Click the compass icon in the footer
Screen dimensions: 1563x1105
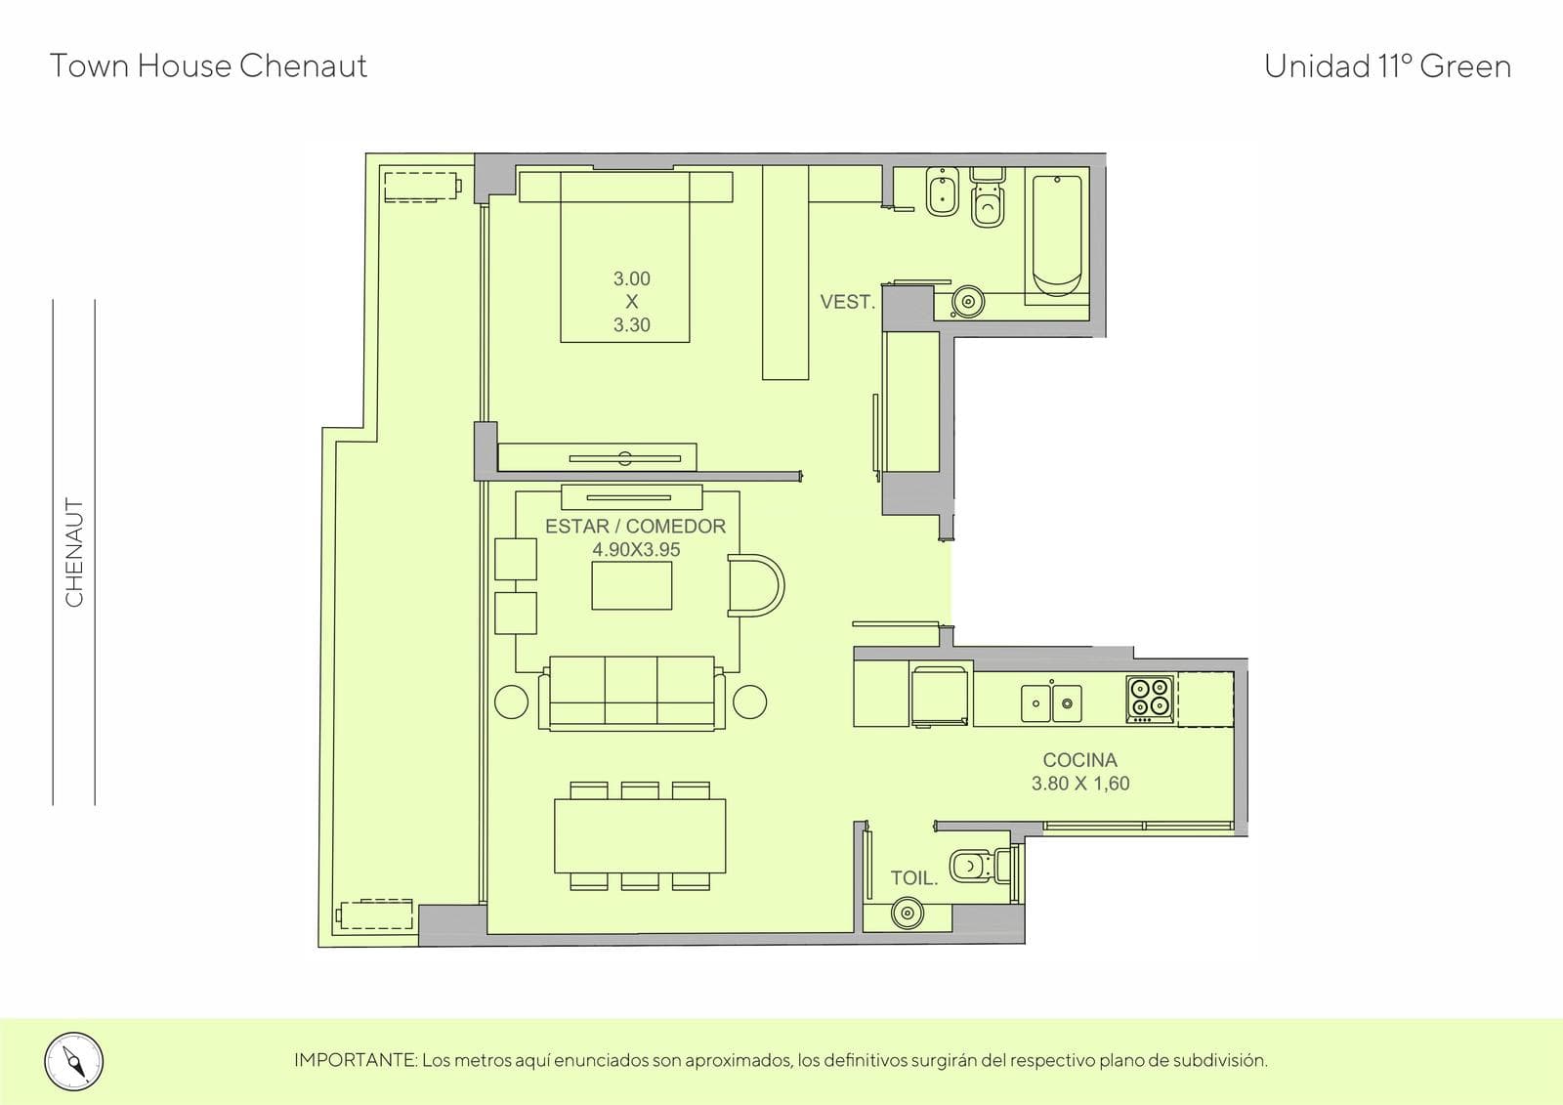click(x=74, y=1062)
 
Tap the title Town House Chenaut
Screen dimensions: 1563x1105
click(x=209, y=66)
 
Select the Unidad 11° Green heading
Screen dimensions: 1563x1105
click(x=1387, y=66)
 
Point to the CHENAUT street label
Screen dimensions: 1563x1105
click(x=74, y=552)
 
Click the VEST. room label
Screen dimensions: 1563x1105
click(x=847, y=302)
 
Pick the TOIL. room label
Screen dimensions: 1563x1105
click(x=914, y=878)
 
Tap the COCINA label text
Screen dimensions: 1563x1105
click(x=1080, y=759)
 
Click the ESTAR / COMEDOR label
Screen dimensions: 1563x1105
click(x=635, y=527)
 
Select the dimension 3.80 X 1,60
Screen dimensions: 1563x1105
click(x=1080, y=784)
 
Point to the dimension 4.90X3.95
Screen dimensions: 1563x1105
click(x=636, y=549)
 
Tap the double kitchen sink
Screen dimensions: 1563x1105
click(x=1051, y=702)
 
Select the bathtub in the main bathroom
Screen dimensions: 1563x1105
click(x=1056, y=235)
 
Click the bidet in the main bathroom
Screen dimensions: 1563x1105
click(x=942, y=191)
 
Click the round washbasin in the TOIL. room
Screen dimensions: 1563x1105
click(x=908, y=913)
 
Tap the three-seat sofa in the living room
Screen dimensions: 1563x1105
click(x=631, y=693)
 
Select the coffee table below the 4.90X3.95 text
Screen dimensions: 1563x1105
click(x=631, y=585)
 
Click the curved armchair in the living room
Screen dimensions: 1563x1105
click(x=756, y=585)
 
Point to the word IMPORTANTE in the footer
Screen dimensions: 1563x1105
click(x=356, y=1060)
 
